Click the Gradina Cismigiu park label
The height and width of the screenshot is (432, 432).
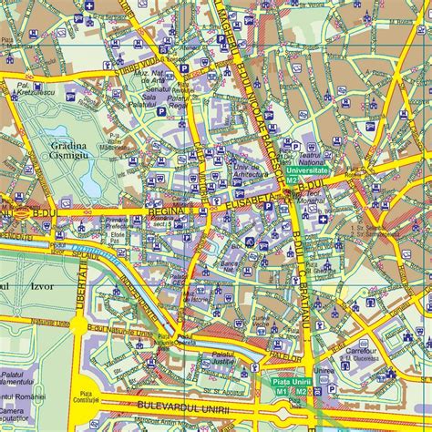coord(67,156)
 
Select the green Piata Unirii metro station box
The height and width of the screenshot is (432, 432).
coord(291,386)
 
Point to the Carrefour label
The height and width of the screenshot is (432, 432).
coord(362,348)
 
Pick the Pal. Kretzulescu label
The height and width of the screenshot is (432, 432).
coord(32,87)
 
